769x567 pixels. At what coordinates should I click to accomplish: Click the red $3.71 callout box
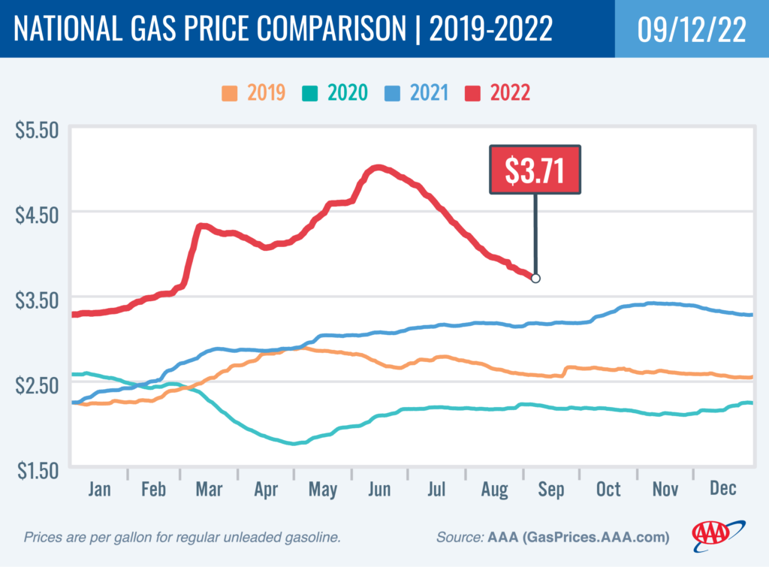point(535,170)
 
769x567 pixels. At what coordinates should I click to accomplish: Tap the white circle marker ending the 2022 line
point(535,279)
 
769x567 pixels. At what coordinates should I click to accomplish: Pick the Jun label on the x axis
point(379,489)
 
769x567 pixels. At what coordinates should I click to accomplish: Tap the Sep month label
point(550,489)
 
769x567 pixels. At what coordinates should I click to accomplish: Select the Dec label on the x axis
point(723,489)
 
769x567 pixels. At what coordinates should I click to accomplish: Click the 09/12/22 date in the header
point(691,29)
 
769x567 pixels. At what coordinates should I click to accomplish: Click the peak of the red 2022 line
point(378,167)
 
